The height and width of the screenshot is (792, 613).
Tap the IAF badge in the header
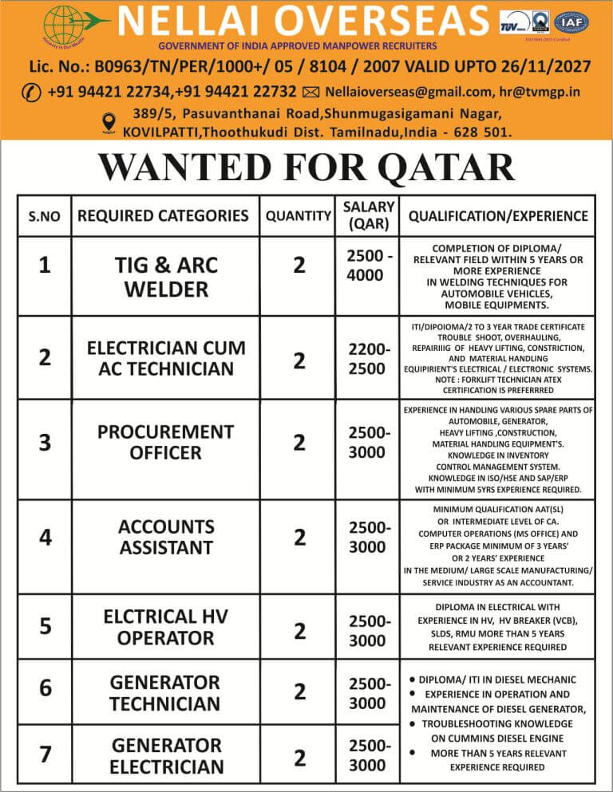[571, 23]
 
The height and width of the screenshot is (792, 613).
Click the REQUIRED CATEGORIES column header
[163, 215]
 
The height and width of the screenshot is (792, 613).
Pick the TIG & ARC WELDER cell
[165, 276]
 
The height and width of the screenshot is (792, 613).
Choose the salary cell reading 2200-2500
[368, 359]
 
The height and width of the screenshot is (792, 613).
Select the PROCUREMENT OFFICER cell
[165, 442]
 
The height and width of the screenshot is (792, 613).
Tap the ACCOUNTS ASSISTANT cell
[166, 537]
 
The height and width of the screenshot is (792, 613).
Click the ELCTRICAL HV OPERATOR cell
[165, 627]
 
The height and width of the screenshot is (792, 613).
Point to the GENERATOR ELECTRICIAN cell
[166, 756]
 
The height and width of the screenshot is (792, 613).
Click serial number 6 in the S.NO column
[45, 688]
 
